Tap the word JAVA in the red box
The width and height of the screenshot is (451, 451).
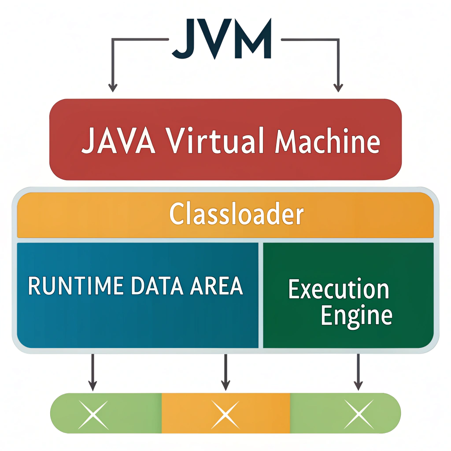118,141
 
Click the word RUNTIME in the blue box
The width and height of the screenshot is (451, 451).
75,286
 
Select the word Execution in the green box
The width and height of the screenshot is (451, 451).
339,290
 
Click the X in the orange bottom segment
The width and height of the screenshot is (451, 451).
225,414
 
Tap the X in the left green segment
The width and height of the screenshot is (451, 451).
93,414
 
